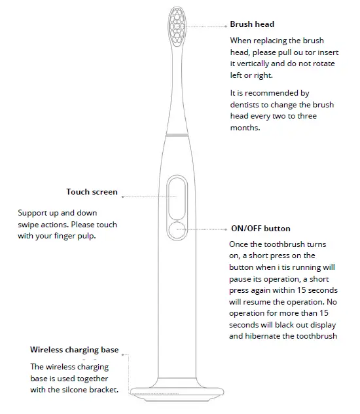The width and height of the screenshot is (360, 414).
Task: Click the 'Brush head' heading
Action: (253, 24)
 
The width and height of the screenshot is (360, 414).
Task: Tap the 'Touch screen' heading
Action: (92, 192)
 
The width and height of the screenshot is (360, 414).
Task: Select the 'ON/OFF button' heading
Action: (261, 229)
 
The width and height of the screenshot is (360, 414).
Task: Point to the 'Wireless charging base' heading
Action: (74, 350)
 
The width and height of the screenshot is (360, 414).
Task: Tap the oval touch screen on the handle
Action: (177, 197)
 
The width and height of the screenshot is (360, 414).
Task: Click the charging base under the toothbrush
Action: (177, 392)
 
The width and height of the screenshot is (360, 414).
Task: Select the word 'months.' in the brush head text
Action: (245, 128)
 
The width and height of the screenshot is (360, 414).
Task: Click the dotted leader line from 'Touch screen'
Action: (144, 196)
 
